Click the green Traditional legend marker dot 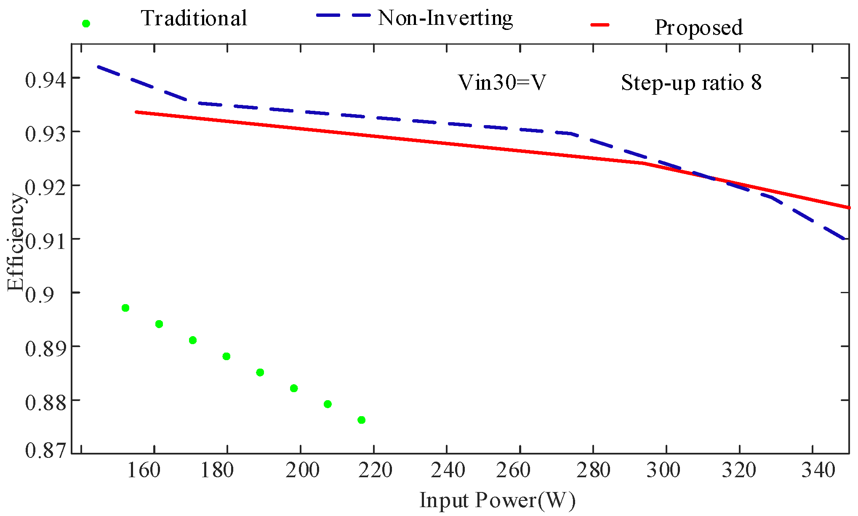[86, 24]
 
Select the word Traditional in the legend [194, 18]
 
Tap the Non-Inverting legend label [445, 18]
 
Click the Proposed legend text [698, 27]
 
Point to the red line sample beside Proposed [600, 25]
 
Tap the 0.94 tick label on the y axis [45, 80]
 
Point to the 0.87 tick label [45, 450]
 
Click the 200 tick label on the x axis [302, 470]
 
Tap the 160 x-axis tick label [144, 470]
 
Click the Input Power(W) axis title [497, 501]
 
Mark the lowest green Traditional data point [361, 420]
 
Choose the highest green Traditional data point [125, 308]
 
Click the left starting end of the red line [136, 112]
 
